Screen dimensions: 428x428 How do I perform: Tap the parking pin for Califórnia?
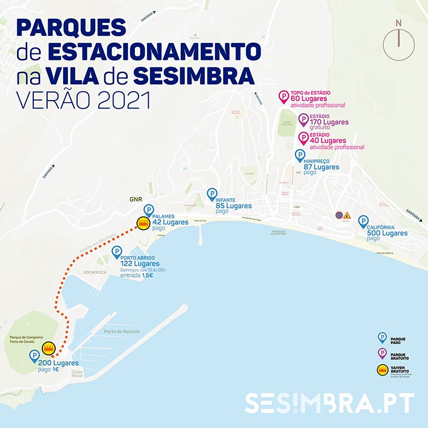click(363, 221)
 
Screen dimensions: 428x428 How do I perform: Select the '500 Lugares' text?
click(387, 233)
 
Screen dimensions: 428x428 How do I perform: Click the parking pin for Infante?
click(212, 195)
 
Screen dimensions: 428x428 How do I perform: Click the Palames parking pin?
click(149, 211)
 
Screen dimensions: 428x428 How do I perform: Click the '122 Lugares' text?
click(140, 264)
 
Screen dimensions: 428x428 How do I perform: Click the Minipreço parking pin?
click(300, 155)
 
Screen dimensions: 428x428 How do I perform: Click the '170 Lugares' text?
click(330, 123)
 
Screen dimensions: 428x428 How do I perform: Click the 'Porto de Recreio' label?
click(122, 332)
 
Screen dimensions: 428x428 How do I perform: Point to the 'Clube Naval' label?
click(78, 373)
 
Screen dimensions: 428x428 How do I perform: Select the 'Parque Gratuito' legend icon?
click(382, 353)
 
